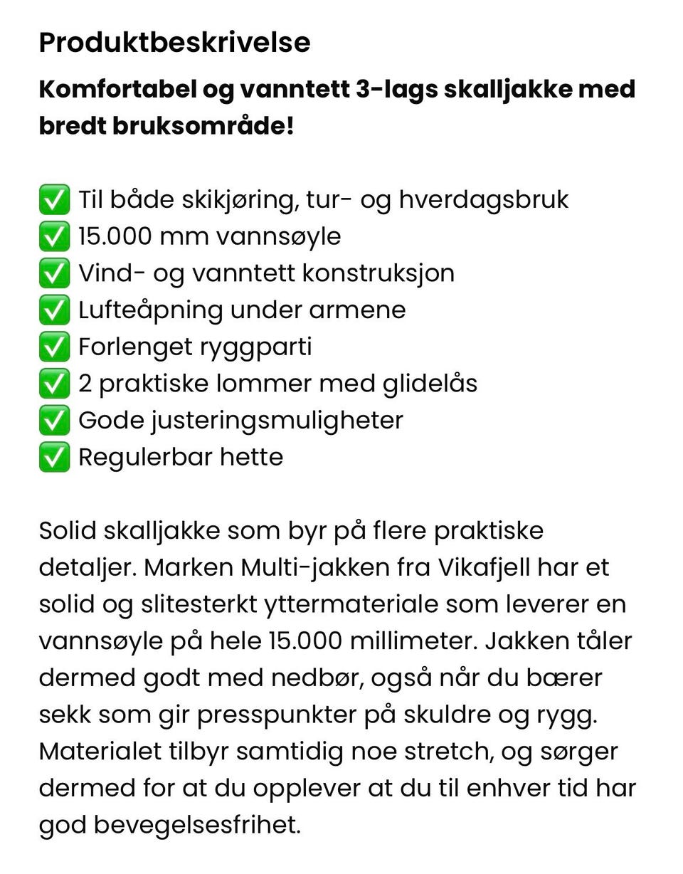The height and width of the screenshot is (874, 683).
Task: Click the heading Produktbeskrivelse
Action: pyautogui.click(x=174, y=43)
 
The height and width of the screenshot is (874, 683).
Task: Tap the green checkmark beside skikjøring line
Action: pyautogui.click(x=54, y=199)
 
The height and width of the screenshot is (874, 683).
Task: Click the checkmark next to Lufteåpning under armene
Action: pyautogui.click(x=54, y=310)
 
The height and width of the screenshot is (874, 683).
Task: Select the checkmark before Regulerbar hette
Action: pyautogui.click(x=54, y=457)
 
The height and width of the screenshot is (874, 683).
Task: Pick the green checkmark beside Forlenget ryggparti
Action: pyautogui.click(x=54, y=347)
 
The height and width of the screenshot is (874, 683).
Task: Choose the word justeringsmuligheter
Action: pyautogui.click(x=277, y=421)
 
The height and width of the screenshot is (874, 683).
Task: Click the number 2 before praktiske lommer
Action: pyautogui.click(x=85, y=384)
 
